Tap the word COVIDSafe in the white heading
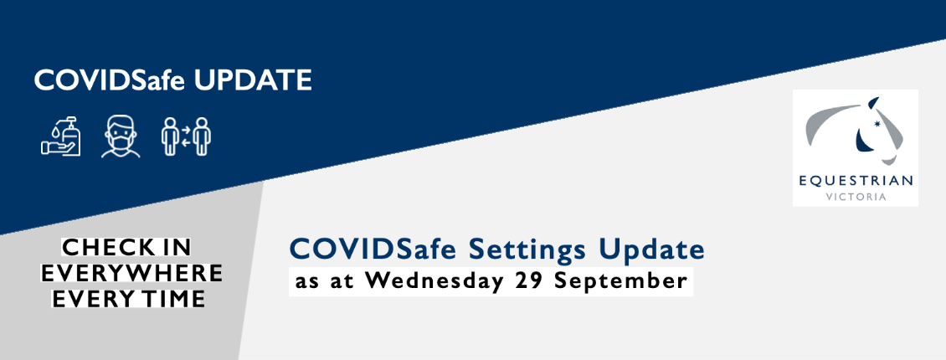click(109, 80)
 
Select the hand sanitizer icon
click(61, 136)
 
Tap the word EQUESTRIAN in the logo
click(855, 181)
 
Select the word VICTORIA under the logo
click(856, 198)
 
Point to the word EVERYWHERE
click(131, 273)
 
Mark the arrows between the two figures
click(186, 137)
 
